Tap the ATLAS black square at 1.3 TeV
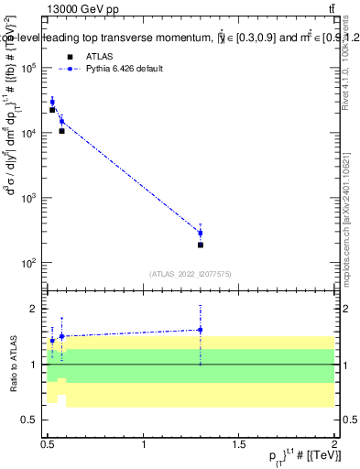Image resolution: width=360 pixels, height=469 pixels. pos(200,245)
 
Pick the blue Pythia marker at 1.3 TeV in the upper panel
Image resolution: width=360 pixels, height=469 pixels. pos(200,233)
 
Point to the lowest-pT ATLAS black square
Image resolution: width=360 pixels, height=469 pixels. pos(52,110)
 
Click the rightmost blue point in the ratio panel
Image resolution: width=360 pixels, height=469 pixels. pos(200,330)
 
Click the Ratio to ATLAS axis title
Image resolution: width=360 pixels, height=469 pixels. pos(12,365)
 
